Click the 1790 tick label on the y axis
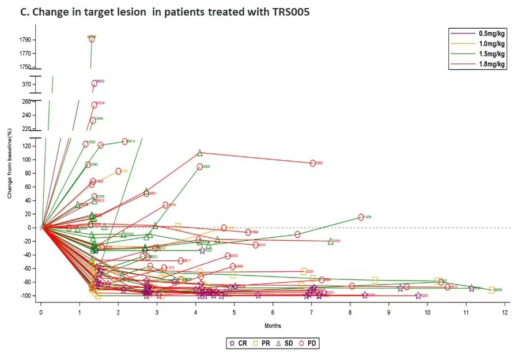(x=25, y=40)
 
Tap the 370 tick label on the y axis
(x=27, y=84)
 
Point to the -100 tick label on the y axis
(x=25, y=295)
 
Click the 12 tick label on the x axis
(x=505, y=313)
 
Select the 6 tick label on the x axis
(x=273, y=313)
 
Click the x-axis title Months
(x=273, y=326)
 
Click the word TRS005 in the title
(x=290, y=13)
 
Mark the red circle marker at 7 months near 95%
(x=313, y=163)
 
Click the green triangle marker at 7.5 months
(x=331, y=241)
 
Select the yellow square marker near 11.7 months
(x=491, y=290)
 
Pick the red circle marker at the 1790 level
(x=92, y=39)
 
